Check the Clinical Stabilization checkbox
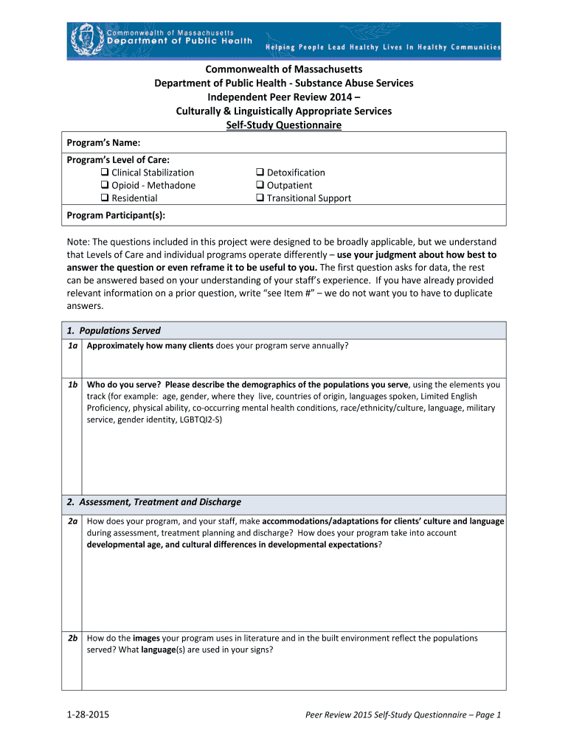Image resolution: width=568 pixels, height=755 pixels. [105, 173]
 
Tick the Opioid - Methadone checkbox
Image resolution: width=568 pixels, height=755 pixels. [105, 186]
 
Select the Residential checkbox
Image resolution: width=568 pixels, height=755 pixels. [105, 198]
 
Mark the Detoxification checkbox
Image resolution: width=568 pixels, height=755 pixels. [260, 173]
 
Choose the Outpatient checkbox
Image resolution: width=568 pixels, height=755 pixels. [260, 186]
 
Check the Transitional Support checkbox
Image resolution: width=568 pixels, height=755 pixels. [260, 198]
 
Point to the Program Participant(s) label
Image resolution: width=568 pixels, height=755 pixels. [116, 215]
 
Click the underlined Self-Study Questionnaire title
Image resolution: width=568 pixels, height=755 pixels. [283, 125]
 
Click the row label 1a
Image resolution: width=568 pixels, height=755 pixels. [72, 346]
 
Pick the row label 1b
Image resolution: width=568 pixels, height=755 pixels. [72, 385]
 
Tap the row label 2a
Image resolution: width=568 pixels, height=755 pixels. [72, 521]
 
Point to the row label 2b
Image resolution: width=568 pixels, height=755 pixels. [72, 639]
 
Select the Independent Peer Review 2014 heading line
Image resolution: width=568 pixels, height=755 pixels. [283, 97]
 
